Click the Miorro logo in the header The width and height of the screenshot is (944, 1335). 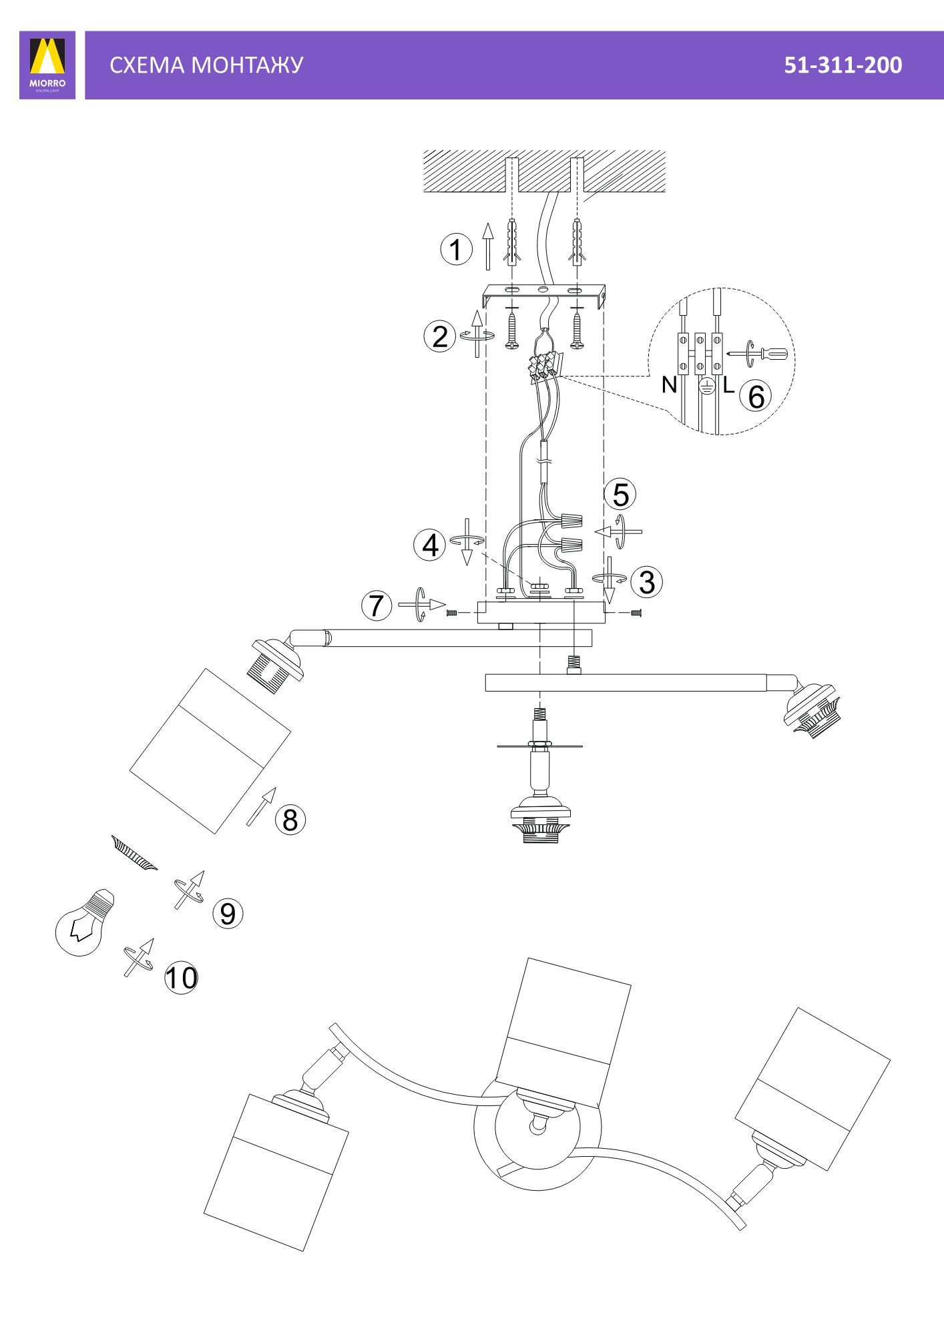tap(47, 65)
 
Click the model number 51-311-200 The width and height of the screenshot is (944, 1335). tap(843, 65)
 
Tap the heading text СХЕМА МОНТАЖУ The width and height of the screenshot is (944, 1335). tap(206, 65)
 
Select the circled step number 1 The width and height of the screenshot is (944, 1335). tap(456, 250)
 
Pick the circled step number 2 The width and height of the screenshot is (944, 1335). tap(440, 336)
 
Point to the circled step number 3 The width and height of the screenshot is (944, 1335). tap(646, 581)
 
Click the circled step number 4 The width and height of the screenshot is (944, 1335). tap(430, 545)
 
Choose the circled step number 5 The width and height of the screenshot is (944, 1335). tap(620, 495)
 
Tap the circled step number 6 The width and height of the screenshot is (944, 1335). tap(756, 396)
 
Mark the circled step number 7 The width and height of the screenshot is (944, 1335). tap(377, 605)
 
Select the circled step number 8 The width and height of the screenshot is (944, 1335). tap(290, 819)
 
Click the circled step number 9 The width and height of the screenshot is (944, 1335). tap(228, 913)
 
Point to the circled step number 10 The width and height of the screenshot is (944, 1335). tap(181, 979)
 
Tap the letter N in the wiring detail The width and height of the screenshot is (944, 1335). tap(669, 385)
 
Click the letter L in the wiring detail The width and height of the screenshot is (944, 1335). tap(728, 384)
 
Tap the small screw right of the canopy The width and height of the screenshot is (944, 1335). tap(636, 613)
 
